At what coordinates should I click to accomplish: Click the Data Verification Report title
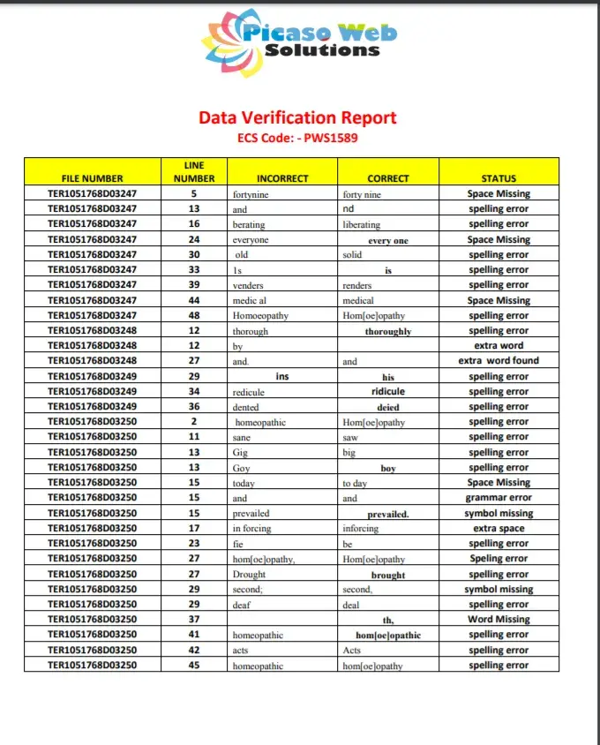click(x=297, y=117)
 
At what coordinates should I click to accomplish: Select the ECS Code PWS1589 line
click(x=297, y=138)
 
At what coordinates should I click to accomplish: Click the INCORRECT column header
click(x=282, y=178)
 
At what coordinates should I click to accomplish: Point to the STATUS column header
click(x=499, y=178)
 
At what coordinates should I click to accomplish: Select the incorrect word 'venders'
click(x=248, y=285)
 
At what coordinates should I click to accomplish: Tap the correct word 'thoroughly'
click(x=388, y=331)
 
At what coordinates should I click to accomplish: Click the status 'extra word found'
click(x=499, y=361)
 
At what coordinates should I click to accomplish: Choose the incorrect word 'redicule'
click(x=249, y=392)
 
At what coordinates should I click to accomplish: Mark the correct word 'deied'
click(x=388, y=407)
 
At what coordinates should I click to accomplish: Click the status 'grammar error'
click(x=499, y=498)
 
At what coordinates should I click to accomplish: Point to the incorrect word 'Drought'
click(x=249, y=575)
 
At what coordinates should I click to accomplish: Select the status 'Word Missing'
click(x=499, y=620)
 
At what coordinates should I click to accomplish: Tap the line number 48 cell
click(x=194, y=315)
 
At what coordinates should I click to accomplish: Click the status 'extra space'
click(x=499, y=529)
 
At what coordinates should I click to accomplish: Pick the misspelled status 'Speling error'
click(x=499, y=559)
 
